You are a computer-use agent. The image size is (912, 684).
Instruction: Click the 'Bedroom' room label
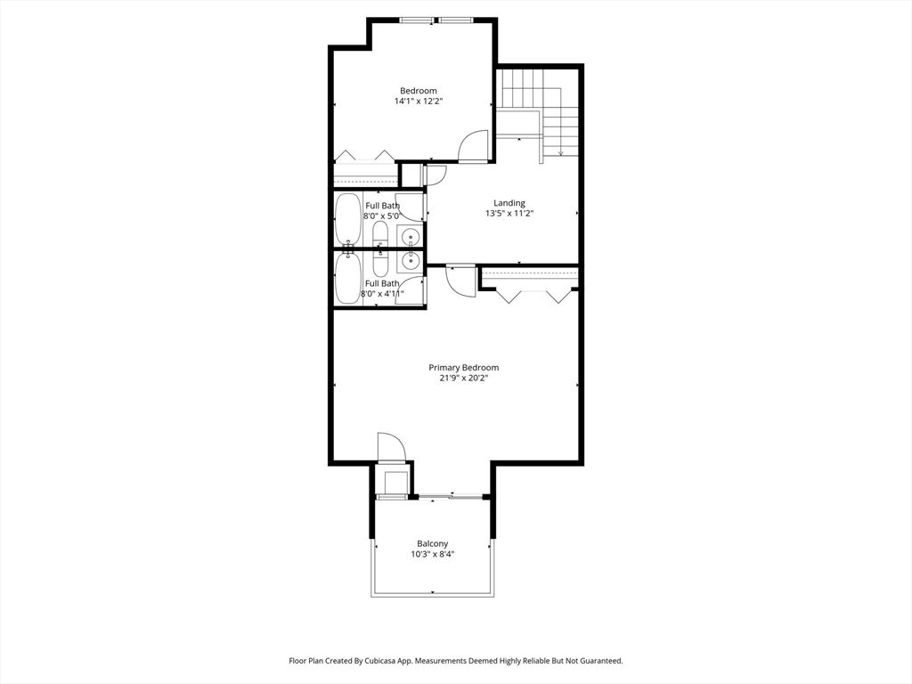tap(418, 91)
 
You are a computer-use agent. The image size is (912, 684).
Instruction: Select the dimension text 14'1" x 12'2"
tap(418, 102)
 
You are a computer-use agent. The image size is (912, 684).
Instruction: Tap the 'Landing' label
tap(509, 203)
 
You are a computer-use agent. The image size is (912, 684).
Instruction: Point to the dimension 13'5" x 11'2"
tap(509, 214)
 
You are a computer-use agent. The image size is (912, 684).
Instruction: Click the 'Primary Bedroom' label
tap(463, 368)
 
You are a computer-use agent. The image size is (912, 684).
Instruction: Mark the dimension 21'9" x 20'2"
tap(463, 379)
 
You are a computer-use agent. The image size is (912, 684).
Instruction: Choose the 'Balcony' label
tap(432, 543)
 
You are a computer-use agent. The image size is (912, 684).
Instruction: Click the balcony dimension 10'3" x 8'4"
tap(432, 554)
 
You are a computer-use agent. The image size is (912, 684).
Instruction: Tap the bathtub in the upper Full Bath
tap(347, 219)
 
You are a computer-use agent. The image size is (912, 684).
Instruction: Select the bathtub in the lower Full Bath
tap(347, 278)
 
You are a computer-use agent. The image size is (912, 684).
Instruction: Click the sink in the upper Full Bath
tap(410, 237)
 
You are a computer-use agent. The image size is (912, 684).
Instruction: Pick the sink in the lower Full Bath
tap(410, 260)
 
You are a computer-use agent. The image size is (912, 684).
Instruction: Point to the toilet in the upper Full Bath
tap(379, 234)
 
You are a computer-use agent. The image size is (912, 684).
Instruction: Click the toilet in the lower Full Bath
tap(379, 264)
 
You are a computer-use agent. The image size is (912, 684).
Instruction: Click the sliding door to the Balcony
tap(451, 495)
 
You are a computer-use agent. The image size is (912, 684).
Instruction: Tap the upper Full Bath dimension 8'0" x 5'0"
tap(382, 216)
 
